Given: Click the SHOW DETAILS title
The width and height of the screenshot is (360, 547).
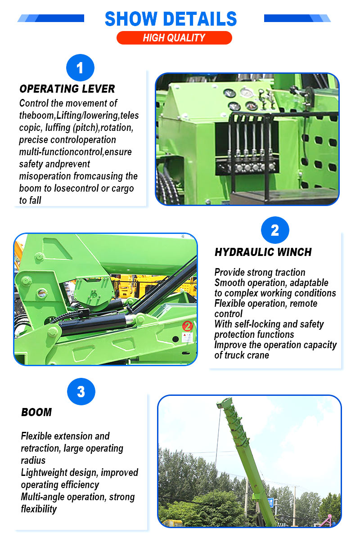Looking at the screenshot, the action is coord(171,19).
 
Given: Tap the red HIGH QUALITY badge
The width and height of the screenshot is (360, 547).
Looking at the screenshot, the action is coord(174,38).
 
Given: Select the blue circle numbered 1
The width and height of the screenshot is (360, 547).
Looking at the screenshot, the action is coord(80,67).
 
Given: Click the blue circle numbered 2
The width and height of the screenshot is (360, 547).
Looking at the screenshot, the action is coord(275,230).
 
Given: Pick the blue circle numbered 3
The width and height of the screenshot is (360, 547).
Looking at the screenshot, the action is coord(81,391).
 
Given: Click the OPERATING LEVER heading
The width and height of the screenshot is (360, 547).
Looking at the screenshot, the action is coord(67,89).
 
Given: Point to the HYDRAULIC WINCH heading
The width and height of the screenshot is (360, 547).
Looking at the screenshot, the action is coord(263,252).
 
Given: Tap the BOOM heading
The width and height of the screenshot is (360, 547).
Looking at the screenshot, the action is coord(36,412).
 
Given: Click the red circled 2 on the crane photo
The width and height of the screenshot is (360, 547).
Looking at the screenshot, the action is coord(188,326).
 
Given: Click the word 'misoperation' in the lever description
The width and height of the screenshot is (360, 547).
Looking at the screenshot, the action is coord(45,176).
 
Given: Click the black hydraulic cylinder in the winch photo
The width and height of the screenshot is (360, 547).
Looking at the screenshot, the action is coord(93,323).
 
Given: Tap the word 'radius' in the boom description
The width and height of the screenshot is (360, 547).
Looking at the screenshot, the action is coord(33,461).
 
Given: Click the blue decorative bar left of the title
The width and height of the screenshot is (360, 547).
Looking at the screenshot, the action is coord(51,18).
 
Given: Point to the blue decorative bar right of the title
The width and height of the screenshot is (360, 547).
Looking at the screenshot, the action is coord(297,18).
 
